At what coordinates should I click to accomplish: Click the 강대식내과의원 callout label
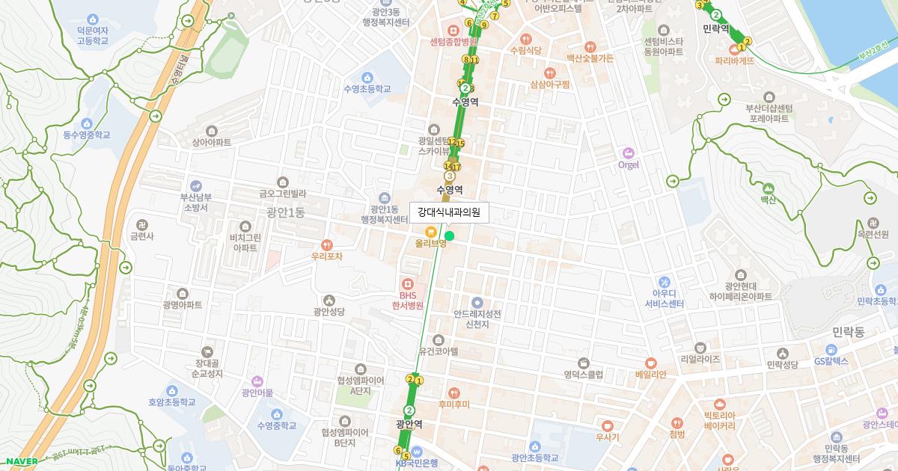coord(449,213)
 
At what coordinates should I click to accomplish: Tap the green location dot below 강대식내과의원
coord(449,236)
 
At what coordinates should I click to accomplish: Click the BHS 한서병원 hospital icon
coord(408,284)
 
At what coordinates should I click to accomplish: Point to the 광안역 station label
coord(409,424)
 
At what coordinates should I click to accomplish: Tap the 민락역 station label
coord(716,28)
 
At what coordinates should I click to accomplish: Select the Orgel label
coord(629,164)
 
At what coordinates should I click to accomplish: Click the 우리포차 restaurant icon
coord(326,244)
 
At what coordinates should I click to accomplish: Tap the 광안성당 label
coord(329,312)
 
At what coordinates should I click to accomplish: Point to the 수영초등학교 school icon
coord(367,78)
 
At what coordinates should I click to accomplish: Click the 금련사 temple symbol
coord(141,224)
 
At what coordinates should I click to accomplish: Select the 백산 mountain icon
coord(769,188)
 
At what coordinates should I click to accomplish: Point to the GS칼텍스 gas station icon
coord(831,350)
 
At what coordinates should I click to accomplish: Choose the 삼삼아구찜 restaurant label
coord(549,84)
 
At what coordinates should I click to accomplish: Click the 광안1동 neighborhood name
coord(285,212)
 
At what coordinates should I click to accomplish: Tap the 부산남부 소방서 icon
coord(195,185)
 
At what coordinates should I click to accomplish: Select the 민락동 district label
coord(848,330)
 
